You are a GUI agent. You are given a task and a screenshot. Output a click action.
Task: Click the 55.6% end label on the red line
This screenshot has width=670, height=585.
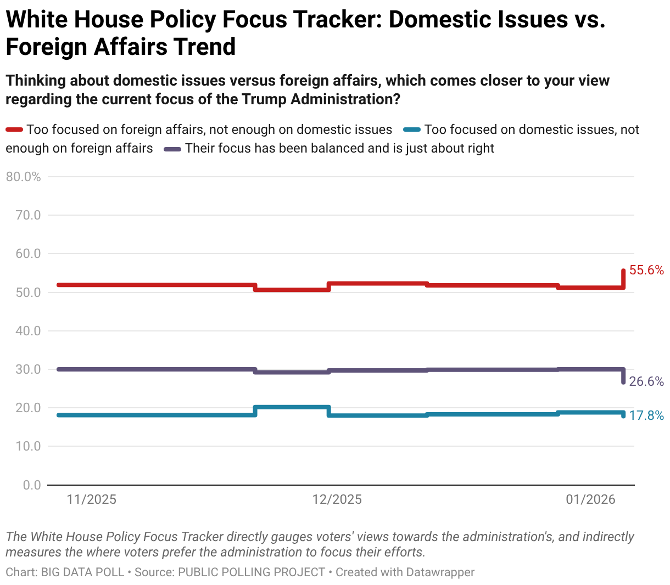[x=646, y=270]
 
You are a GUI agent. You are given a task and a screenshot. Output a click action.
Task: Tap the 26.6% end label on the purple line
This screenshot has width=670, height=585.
[x=646, y=381]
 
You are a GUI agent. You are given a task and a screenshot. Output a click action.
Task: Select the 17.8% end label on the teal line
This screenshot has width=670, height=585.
[x=646, y=415]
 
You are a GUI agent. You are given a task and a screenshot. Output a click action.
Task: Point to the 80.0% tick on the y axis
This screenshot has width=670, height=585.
[x=23, y=177]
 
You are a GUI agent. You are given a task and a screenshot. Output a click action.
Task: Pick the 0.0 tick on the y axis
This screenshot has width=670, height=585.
[x=32, y=485]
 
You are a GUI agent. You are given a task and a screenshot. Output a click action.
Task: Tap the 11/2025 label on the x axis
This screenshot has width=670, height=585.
[x=92, y=499]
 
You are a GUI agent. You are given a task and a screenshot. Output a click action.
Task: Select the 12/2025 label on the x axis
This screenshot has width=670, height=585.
[x=337, y=499]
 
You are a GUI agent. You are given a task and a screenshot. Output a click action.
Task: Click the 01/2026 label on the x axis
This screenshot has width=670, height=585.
[x=591, y=499]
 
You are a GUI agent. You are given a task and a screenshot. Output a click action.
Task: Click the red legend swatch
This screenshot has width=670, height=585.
[x=14, y=130]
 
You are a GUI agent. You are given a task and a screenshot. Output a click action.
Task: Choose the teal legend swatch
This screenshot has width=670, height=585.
[x=412, y=130]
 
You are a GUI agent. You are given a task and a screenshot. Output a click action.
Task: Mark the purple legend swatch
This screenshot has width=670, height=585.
[x=173, y=149]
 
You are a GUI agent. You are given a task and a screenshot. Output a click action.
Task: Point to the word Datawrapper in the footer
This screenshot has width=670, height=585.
[x=440, y=572]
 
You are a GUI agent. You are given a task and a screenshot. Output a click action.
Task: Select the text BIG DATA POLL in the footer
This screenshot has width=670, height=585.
[x=82, y=572]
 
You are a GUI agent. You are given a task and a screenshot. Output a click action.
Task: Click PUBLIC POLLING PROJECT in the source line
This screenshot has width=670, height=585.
[x=252, y=572]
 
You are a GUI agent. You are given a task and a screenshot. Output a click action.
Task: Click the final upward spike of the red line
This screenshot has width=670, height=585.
[x=623, y=278]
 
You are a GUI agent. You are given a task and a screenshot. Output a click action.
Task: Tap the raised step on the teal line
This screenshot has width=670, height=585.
[x=292, y=407]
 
